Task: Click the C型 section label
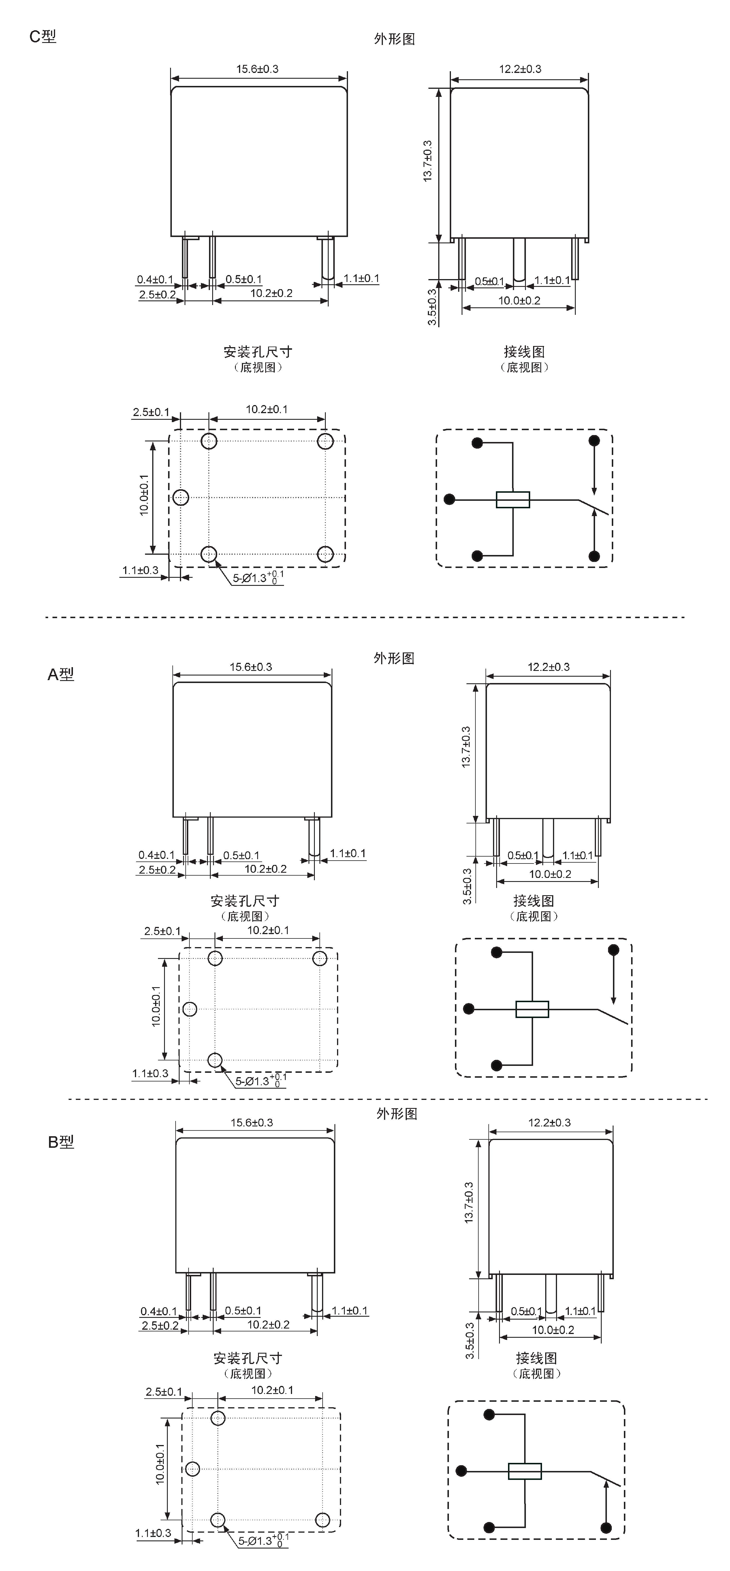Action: (43, 37)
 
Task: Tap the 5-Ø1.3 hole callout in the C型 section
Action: (258, 577)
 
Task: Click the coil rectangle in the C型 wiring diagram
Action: (513, 499)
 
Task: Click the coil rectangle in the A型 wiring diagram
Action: (533, 1009)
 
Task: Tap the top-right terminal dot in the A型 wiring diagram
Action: (614, 950)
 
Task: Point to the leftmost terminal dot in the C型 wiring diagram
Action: (449, 499)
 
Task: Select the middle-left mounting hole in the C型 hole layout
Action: (180, 498)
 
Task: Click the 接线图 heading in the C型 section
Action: (524, 352)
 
